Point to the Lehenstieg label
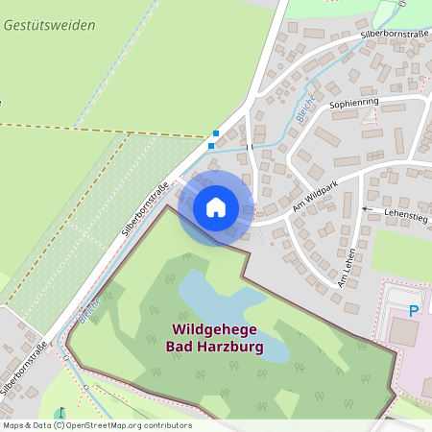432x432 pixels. tap(406, 215)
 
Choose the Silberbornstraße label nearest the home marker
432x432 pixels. tap(145, 209)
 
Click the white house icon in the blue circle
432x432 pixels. tap(216, 207)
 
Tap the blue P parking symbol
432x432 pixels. tap(414, 310)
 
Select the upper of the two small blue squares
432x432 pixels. tap(216, 133)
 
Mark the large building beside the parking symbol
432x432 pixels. tap(404, 332)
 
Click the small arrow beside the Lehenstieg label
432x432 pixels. tap(366, 208)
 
